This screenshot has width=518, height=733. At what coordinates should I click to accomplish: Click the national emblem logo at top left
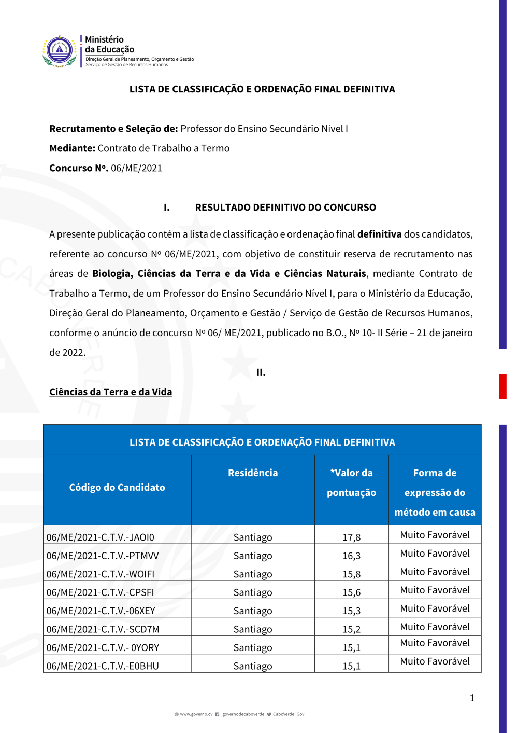[60, 51]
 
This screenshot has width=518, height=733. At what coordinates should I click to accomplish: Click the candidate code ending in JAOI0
[100, 537]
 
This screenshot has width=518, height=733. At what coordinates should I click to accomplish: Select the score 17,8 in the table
[351, 537]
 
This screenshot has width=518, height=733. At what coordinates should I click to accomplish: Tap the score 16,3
[351, 556]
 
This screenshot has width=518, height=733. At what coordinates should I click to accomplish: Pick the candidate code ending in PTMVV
[103, 556]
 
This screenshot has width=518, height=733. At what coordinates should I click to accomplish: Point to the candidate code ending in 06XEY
[101, 611]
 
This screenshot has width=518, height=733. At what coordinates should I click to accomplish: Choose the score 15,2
[351, 629]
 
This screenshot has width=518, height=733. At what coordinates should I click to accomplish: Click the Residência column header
[253, 473]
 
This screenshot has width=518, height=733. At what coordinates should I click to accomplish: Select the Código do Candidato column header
[117, 487]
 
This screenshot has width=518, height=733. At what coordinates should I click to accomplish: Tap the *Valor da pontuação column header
[351, 482]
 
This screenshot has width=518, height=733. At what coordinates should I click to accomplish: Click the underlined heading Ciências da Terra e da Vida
[110, 392]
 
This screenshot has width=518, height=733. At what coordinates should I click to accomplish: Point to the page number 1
[472, 698]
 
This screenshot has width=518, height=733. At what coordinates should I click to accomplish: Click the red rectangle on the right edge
[502, 386]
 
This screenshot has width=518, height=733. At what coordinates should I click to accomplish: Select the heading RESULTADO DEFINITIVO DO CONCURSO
[285, 207]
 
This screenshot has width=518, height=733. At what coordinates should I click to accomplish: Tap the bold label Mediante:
[73, 148]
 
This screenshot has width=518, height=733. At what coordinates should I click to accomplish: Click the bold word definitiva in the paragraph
[379, 234]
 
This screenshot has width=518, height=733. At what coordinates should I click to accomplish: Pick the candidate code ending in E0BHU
[103, 666]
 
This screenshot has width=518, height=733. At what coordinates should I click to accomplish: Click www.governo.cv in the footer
[196, 714]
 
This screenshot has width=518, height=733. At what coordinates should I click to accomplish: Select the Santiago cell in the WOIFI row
[253, 574]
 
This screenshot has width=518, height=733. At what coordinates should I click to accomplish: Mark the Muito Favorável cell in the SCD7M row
[435, 627]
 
